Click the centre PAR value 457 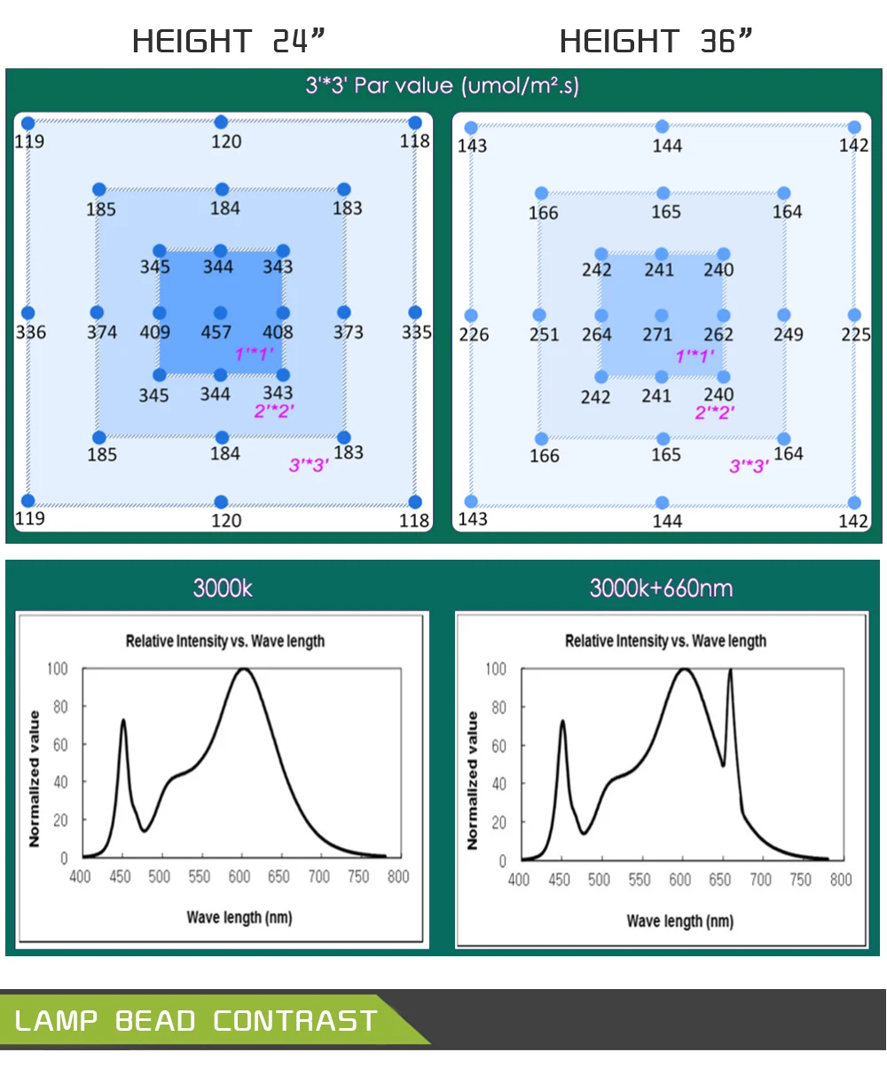pyautogui.click(x=216, y=333)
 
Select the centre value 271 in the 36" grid pyautogui.click(x=657, y=334)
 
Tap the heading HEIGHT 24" pyautogui.click(x=229, y=41)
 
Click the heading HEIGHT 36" pyautogui.click(x=656, y=41)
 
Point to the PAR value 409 pyautogui.click(x=154, y=333)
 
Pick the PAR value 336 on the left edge pyautogui.click(x=31, y=333)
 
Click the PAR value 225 pyautogui.click(x=855, y=334)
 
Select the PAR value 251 pyautogui.click(x=544, y=334)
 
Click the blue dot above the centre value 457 pyautogui.click(x=221, y=251)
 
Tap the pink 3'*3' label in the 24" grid pyautogui.click(x=309, y=464)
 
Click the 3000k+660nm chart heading pyautogui.click(x=661, y=588)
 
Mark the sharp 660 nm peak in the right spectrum pyautogui.click(x=730, y=671)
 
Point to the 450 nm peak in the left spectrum pyautogui.click(x=123, y=720)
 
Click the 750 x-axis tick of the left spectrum pyautogui.click(x=358, y=876)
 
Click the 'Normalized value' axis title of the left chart pyautogui.click(x=35, y=778)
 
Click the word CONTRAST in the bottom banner pyautogui.click(x=295, y=1020)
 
